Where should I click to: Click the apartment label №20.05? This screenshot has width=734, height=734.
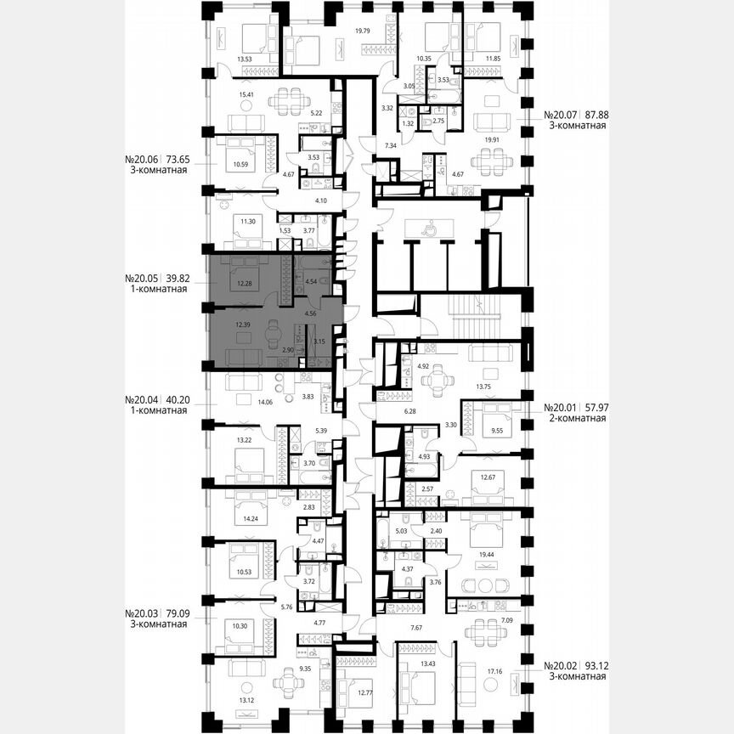[x=143, y=278]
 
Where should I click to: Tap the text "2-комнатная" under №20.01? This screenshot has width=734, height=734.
[x=573, y=418]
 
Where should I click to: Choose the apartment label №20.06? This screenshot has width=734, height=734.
[x=143, y=158]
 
